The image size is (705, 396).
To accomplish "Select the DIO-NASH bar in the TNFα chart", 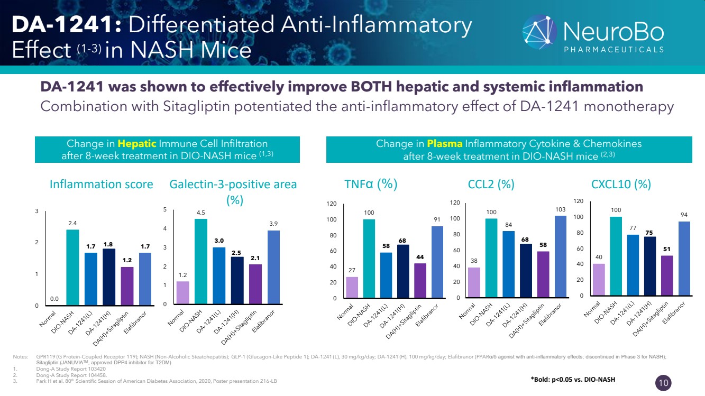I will tap(369, 259).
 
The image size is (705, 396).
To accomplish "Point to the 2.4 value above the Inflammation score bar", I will tap(72, 224).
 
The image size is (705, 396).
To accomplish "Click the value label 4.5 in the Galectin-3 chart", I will tap(200, 213).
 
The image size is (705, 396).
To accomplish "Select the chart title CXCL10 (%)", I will tap(620, 184).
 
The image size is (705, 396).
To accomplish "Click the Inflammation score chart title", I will tap(101, 184).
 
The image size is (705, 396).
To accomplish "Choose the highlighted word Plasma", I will tap(445, 143).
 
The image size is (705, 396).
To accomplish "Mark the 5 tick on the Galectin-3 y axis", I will tap(165, 210).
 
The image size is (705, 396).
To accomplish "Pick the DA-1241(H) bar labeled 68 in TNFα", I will tap(403, 271).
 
